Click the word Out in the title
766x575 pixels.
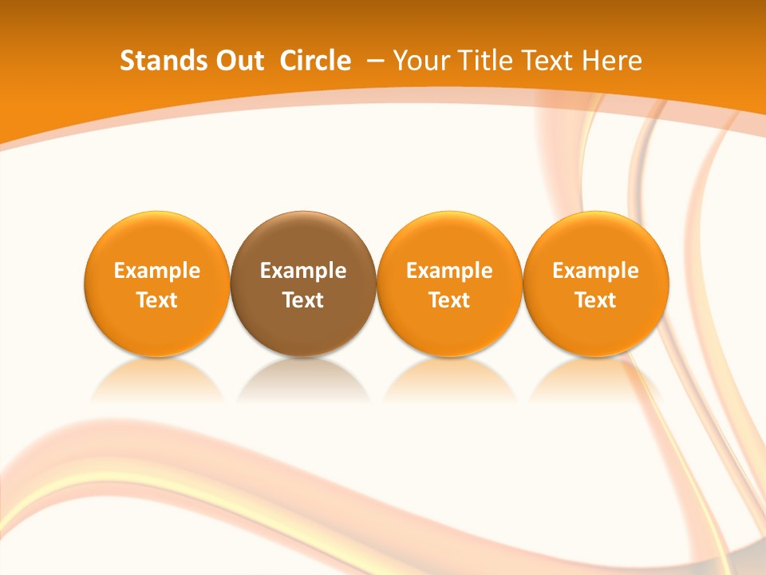238,61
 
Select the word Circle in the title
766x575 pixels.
315,61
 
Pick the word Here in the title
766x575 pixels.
614,61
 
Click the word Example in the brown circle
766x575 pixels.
303,271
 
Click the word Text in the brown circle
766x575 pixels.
303,300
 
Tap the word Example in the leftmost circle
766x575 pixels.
157,271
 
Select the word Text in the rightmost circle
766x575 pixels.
596,300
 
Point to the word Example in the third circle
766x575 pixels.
449,271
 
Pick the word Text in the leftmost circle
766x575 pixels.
157,300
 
